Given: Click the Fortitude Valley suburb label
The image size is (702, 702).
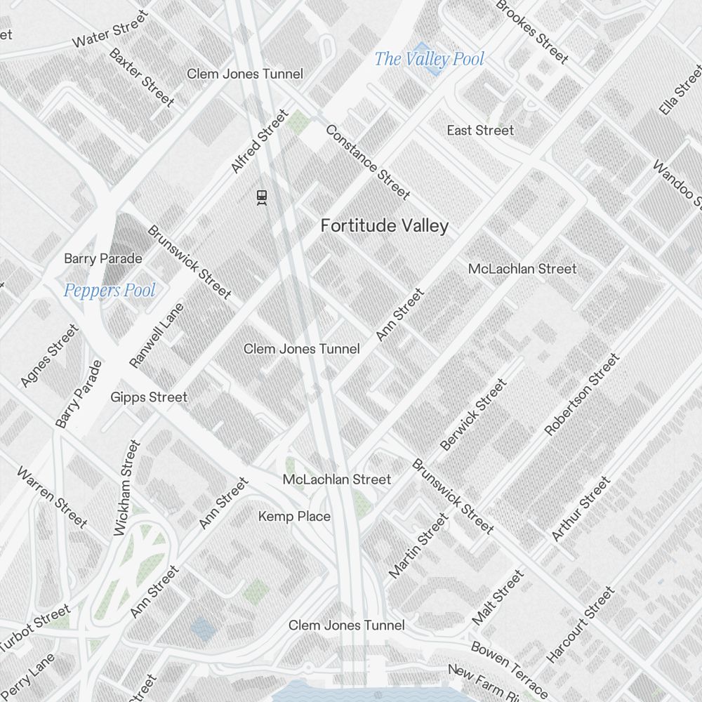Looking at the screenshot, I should [384, 226].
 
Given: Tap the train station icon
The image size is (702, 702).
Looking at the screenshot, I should [262, 197].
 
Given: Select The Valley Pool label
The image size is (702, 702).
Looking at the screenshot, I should [429, 59].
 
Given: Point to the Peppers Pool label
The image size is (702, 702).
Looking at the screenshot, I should [110, 291].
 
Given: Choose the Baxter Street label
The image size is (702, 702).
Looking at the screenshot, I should [142, 77].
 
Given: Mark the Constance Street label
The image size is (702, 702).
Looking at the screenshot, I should [367, 162].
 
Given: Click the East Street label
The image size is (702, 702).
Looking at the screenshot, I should [480, 131].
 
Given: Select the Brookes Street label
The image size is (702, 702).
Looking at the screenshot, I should [531, 29].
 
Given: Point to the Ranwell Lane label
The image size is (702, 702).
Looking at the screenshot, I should [157, 336].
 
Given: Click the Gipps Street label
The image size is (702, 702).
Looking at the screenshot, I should [149, 397].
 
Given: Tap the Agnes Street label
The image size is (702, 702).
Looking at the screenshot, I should [50, 355].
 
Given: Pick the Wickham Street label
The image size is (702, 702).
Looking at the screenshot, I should [127, 488].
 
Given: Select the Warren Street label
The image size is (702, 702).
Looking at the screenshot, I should [52, 497].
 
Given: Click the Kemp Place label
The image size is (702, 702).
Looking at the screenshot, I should [294, 517].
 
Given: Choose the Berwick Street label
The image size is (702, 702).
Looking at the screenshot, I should [473, 415].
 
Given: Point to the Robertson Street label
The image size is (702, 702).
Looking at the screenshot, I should [582, 395].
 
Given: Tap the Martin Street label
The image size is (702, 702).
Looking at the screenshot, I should [418, 545].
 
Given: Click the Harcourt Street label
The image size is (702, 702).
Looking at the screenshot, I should [581, 625].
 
